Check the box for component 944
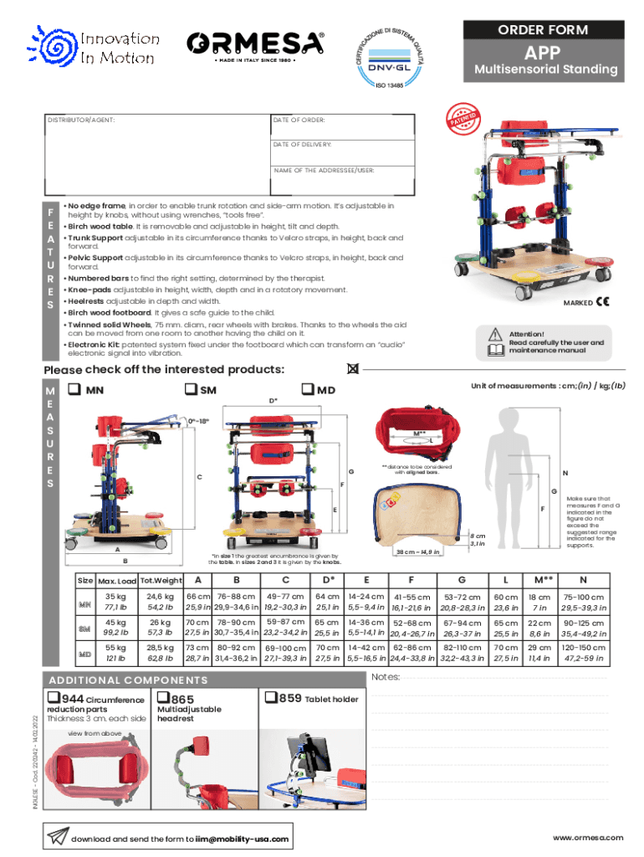53,698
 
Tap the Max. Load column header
116,581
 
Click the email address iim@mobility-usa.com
243,839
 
